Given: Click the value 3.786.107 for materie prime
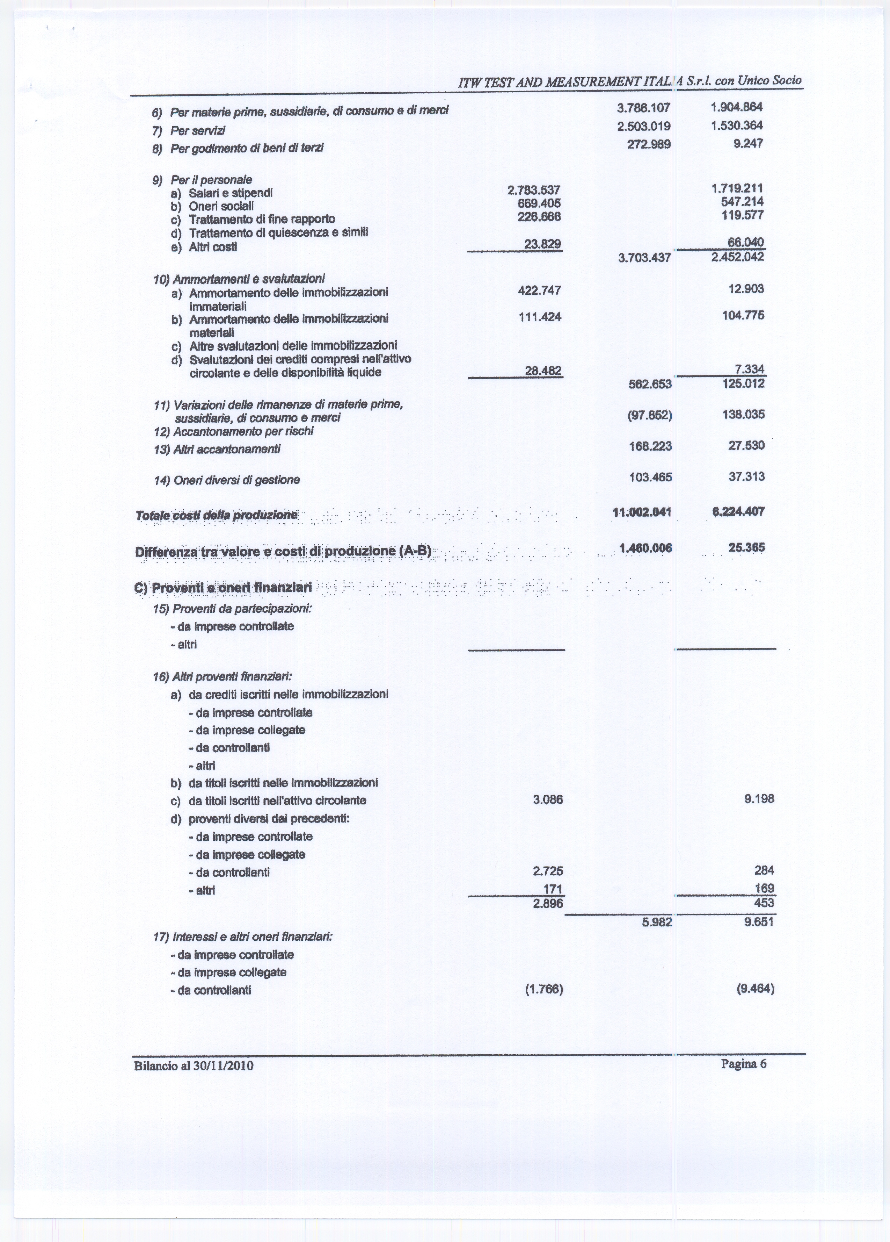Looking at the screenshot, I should (x=644, y=108).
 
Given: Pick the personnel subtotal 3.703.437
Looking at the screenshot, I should (x=644, y=257).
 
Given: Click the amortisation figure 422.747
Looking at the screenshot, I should (x=539, y=290).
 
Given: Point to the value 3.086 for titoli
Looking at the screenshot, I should (x=548, y=799).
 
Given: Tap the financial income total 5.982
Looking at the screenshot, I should (x=657, y=922).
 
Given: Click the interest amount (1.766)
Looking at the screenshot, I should (x=544, y=989).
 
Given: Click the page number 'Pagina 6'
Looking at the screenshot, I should (x=743, y=1063).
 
